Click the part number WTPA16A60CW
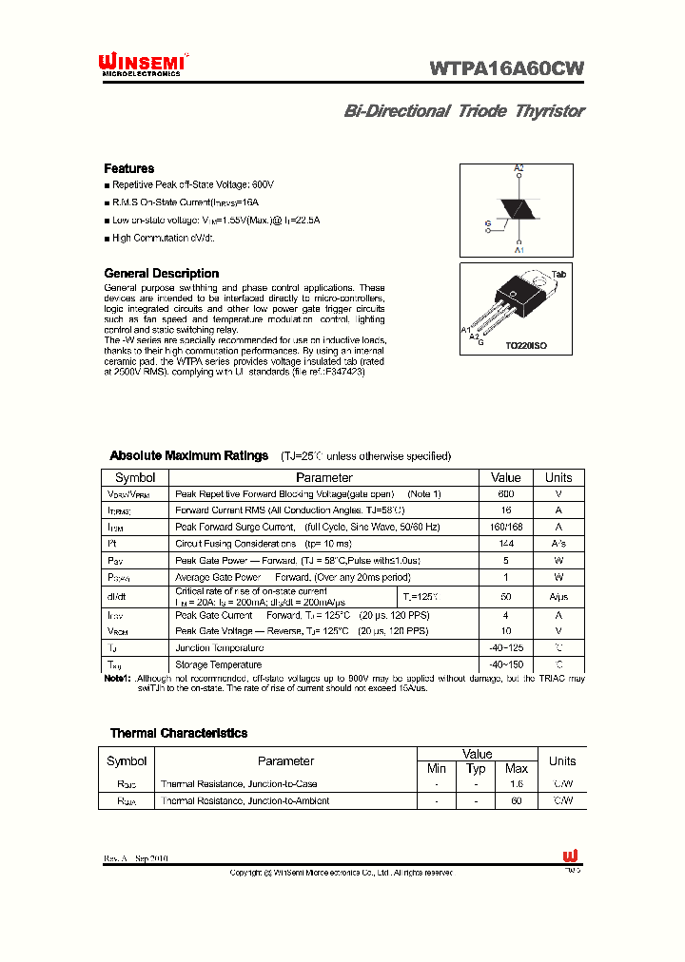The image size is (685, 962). [x=506, y=67]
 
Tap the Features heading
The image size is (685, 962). [x=128, y=168]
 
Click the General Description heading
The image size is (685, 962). [x=161, y=274]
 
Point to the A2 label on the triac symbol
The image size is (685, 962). [x=519, y=168]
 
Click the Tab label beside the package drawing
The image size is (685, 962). [x=558, y=274]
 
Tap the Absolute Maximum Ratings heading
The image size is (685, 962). [x=188, y=456]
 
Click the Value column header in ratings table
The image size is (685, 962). [x=505, y=478]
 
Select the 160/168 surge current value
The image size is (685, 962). [x=505, y=527]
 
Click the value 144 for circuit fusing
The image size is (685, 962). [x=505, y=544]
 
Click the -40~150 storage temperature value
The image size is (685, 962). [x=505, y=664]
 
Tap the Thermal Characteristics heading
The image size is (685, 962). [x=178, y=733]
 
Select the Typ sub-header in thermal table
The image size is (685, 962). [x=477, y=768]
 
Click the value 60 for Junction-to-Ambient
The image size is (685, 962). [x=517, y=801]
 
